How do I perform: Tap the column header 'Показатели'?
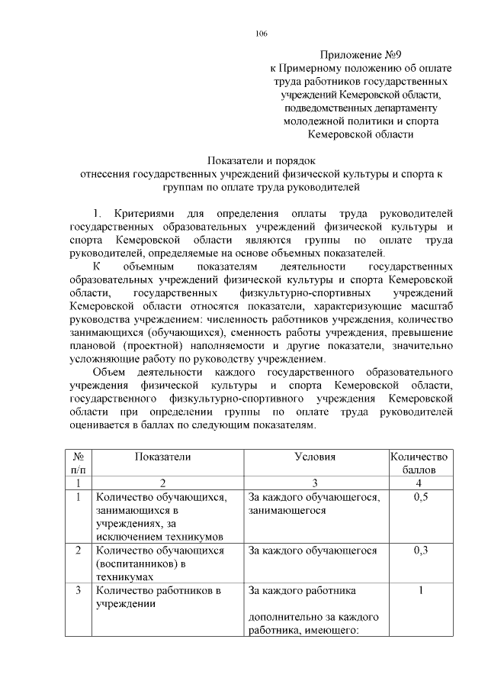pyautogui.click(x=162, y=456)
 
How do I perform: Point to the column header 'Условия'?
pyautogui.click(x=315, y=456)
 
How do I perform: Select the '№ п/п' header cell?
pyautogui.click(x=77, y=463)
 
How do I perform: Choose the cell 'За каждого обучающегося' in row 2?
pyautogui.click(x=313, y=551)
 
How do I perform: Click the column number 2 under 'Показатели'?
pyautogui.click(x=162, y=483)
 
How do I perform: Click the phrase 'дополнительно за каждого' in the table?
pyautogui.click(x=315, y=616)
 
